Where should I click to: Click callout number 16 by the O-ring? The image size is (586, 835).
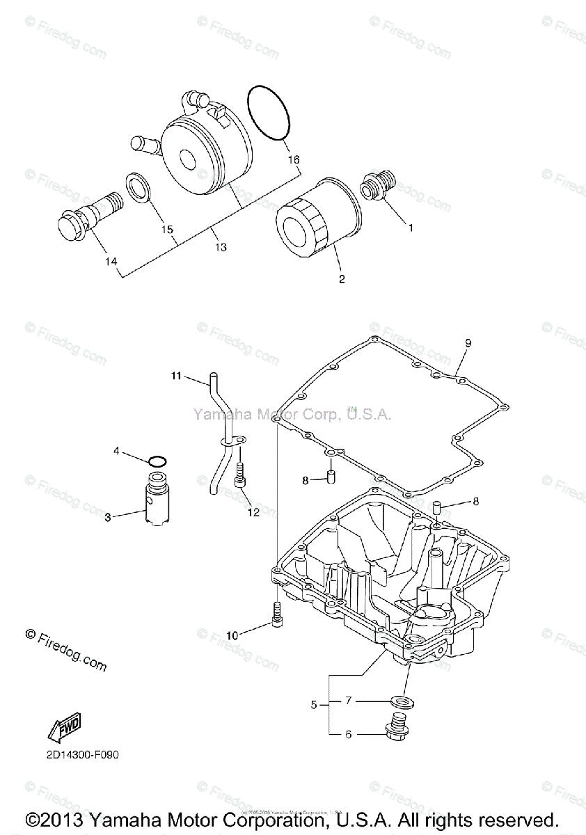tap(294, 160)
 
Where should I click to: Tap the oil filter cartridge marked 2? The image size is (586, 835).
tap(317, 219)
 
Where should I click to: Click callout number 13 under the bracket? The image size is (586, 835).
tap(221, 247)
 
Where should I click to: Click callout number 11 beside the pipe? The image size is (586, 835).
tap(176, 376)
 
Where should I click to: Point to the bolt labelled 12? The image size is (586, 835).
tap(241, 477)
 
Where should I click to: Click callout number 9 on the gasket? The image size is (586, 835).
tap(468, 342)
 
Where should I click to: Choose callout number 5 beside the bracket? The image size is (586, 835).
tap(315, 705)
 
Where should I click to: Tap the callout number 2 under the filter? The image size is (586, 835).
tap(342, 280)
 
